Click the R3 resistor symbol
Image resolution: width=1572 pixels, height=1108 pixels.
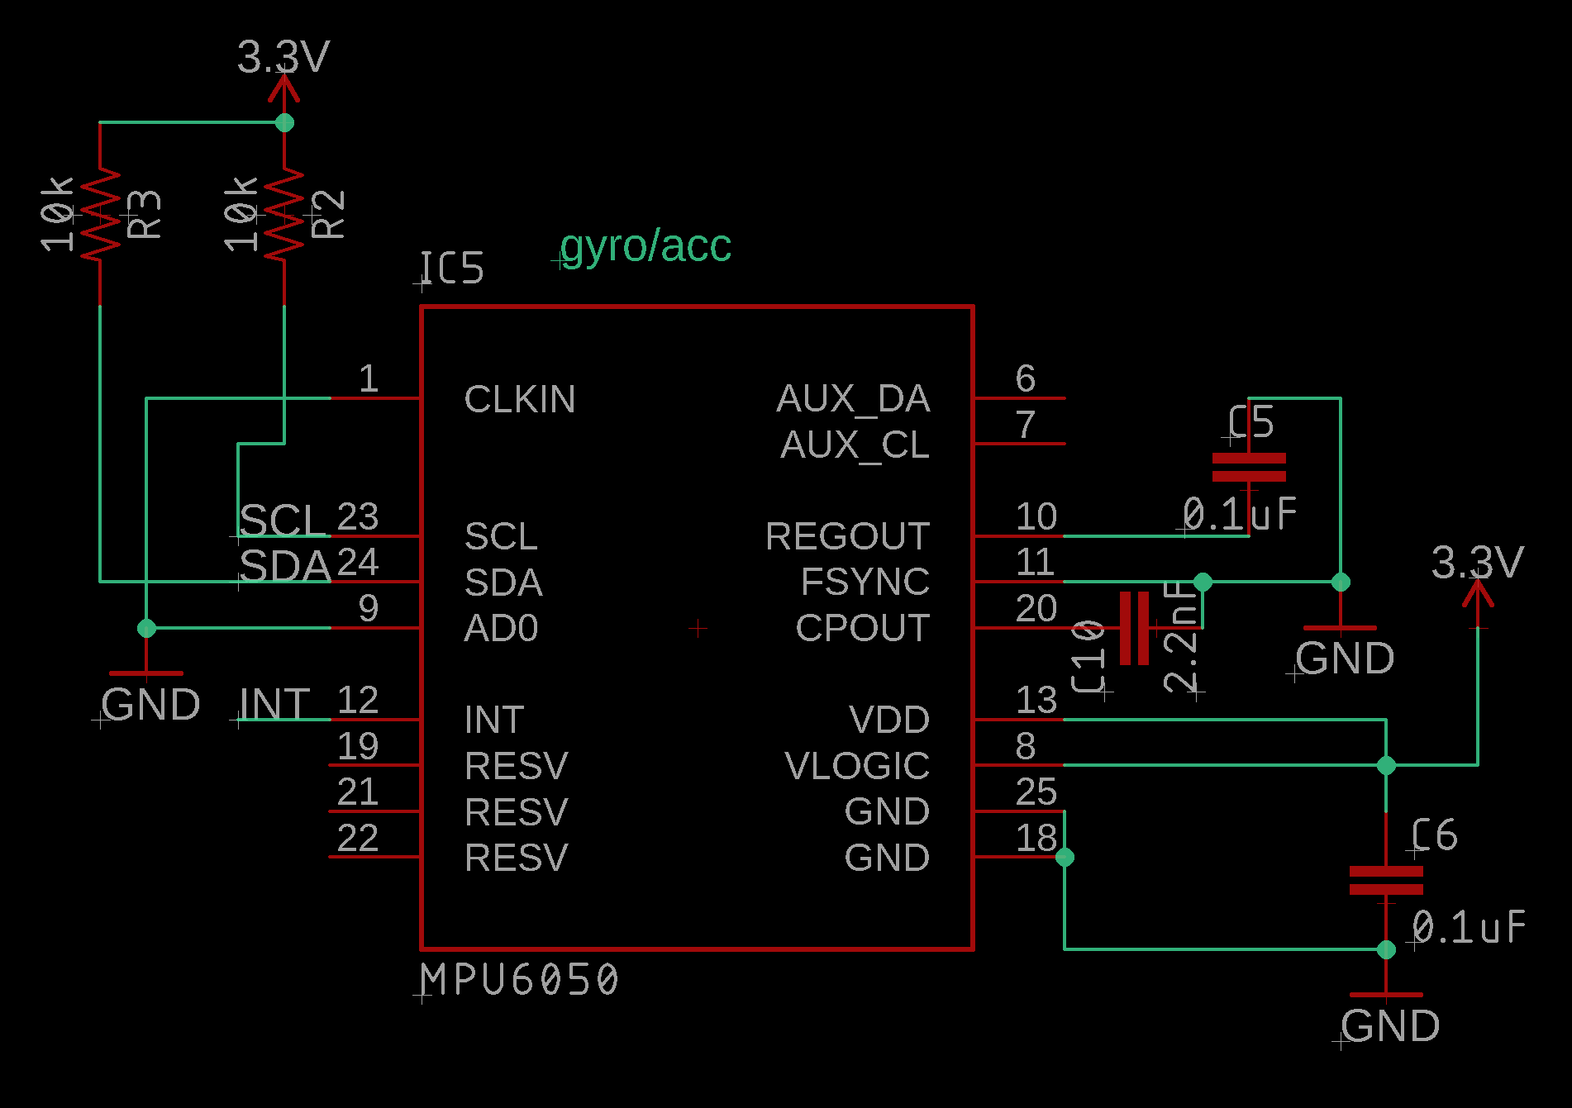tap(100, 214)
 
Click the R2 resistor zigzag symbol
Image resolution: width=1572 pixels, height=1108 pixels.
tap(284, 214)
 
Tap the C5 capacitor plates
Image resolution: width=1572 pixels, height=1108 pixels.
tap(1249, 467)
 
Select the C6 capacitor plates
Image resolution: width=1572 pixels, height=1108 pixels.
tap(1386, 880)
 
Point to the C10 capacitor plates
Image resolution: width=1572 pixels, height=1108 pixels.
tap(1134, 628)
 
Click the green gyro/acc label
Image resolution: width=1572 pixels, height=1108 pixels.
tap(645, 246)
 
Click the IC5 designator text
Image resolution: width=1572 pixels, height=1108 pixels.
tap(451, 269)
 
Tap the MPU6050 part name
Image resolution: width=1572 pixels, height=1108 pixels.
tap(519, 981)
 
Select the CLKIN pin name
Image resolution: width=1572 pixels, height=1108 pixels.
tap(519, 400)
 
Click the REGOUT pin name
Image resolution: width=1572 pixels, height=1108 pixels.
tap(847, 537)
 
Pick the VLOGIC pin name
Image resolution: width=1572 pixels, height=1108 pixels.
tap(856, 766)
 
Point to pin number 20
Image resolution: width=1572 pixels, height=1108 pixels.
tap(1036, 609)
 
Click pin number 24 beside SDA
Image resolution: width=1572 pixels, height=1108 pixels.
tap(358, 563)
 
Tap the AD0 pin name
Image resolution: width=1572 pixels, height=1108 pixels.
tap(501, 629)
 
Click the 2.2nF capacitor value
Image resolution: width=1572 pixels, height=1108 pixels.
tap(1181, 636)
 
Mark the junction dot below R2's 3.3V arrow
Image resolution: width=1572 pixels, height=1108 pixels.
tap(284, 122)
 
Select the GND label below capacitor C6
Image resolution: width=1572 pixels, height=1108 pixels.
tap(1390, 1026)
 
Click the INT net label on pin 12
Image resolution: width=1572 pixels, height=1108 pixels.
tap(274, 705)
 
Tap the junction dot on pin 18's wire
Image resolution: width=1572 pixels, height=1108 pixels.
tap(1065, 857)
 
